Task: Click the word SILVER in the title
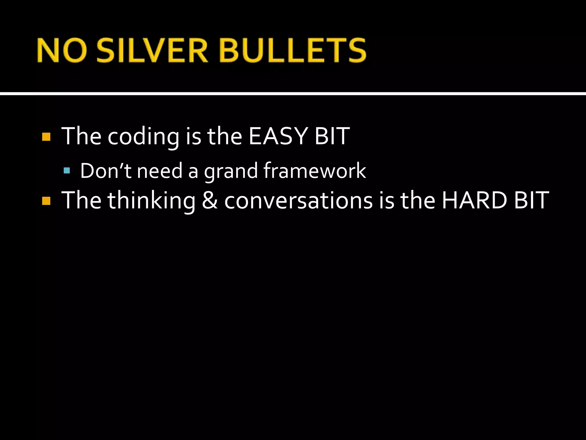[x=152, y=51]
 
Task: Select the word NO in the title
[x=62, y=51]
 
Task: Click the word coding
[x=143, y=137]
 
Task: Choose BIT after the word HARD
[x=531, y=200]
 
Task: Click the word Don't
[x=105, y=171]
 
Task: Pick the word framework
[x=315, y=171]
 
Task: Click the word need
[x=160, y=171]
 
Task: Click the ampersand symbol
[x=210, y=201]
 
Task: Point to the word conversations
[x=298, y=201]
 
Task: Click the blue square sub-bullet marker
[x=67, y=171]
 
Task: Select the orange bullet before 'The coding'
[x=46, y=137]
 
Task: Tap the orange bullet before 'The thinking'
[x=46, y=201]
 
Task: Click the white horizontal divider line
[x=293, y=94]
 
